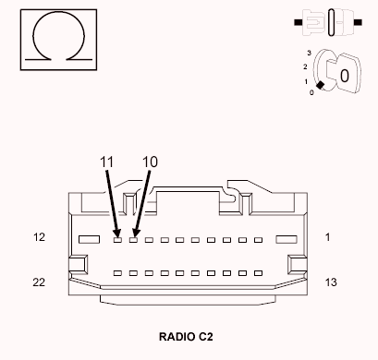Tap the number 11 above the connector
click(106, 162)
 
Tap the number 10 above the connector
click(150, 162)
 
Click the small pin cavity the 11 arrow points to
click(117, 239)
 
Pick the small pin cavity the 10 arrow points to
click(134, 239)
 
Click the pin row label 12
click(39, 237)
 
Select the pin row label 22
click(39, 282)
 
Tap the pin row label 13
click(331, 282)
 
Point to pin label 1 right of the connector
click(327, 237)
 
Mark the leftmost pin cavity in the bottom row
click(117, 274)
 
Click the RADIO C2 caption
click(188, 337)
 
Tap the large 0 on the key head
click(343, 75)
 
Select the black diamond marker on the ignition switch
click(320, 86)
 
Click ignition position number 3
click(308, 54)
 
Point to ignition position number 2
click(305, 67)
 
